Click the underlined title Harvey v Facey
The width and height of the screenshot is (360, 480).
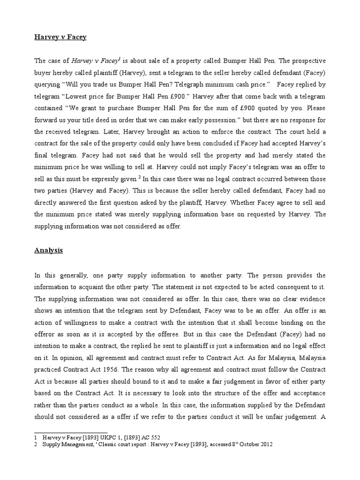[60, 37]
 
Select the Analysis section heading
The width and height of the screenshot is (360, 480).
[48, 250]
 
